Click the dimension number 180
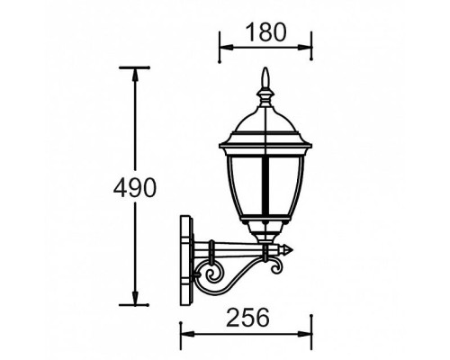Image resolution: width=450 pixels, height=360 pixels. [x=266, y=31]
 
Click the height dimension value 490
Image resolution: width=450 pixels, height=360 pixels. [x=135, y=187]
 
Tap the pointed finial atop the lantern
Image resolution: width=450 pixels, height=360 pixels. [x=265, y=84]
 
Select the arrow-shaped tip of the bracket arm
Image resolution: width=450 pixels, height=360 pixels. [x=289, y=250]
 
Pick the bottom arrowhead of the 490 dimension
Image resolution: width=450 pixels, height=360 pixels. [x=135, y=302]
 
